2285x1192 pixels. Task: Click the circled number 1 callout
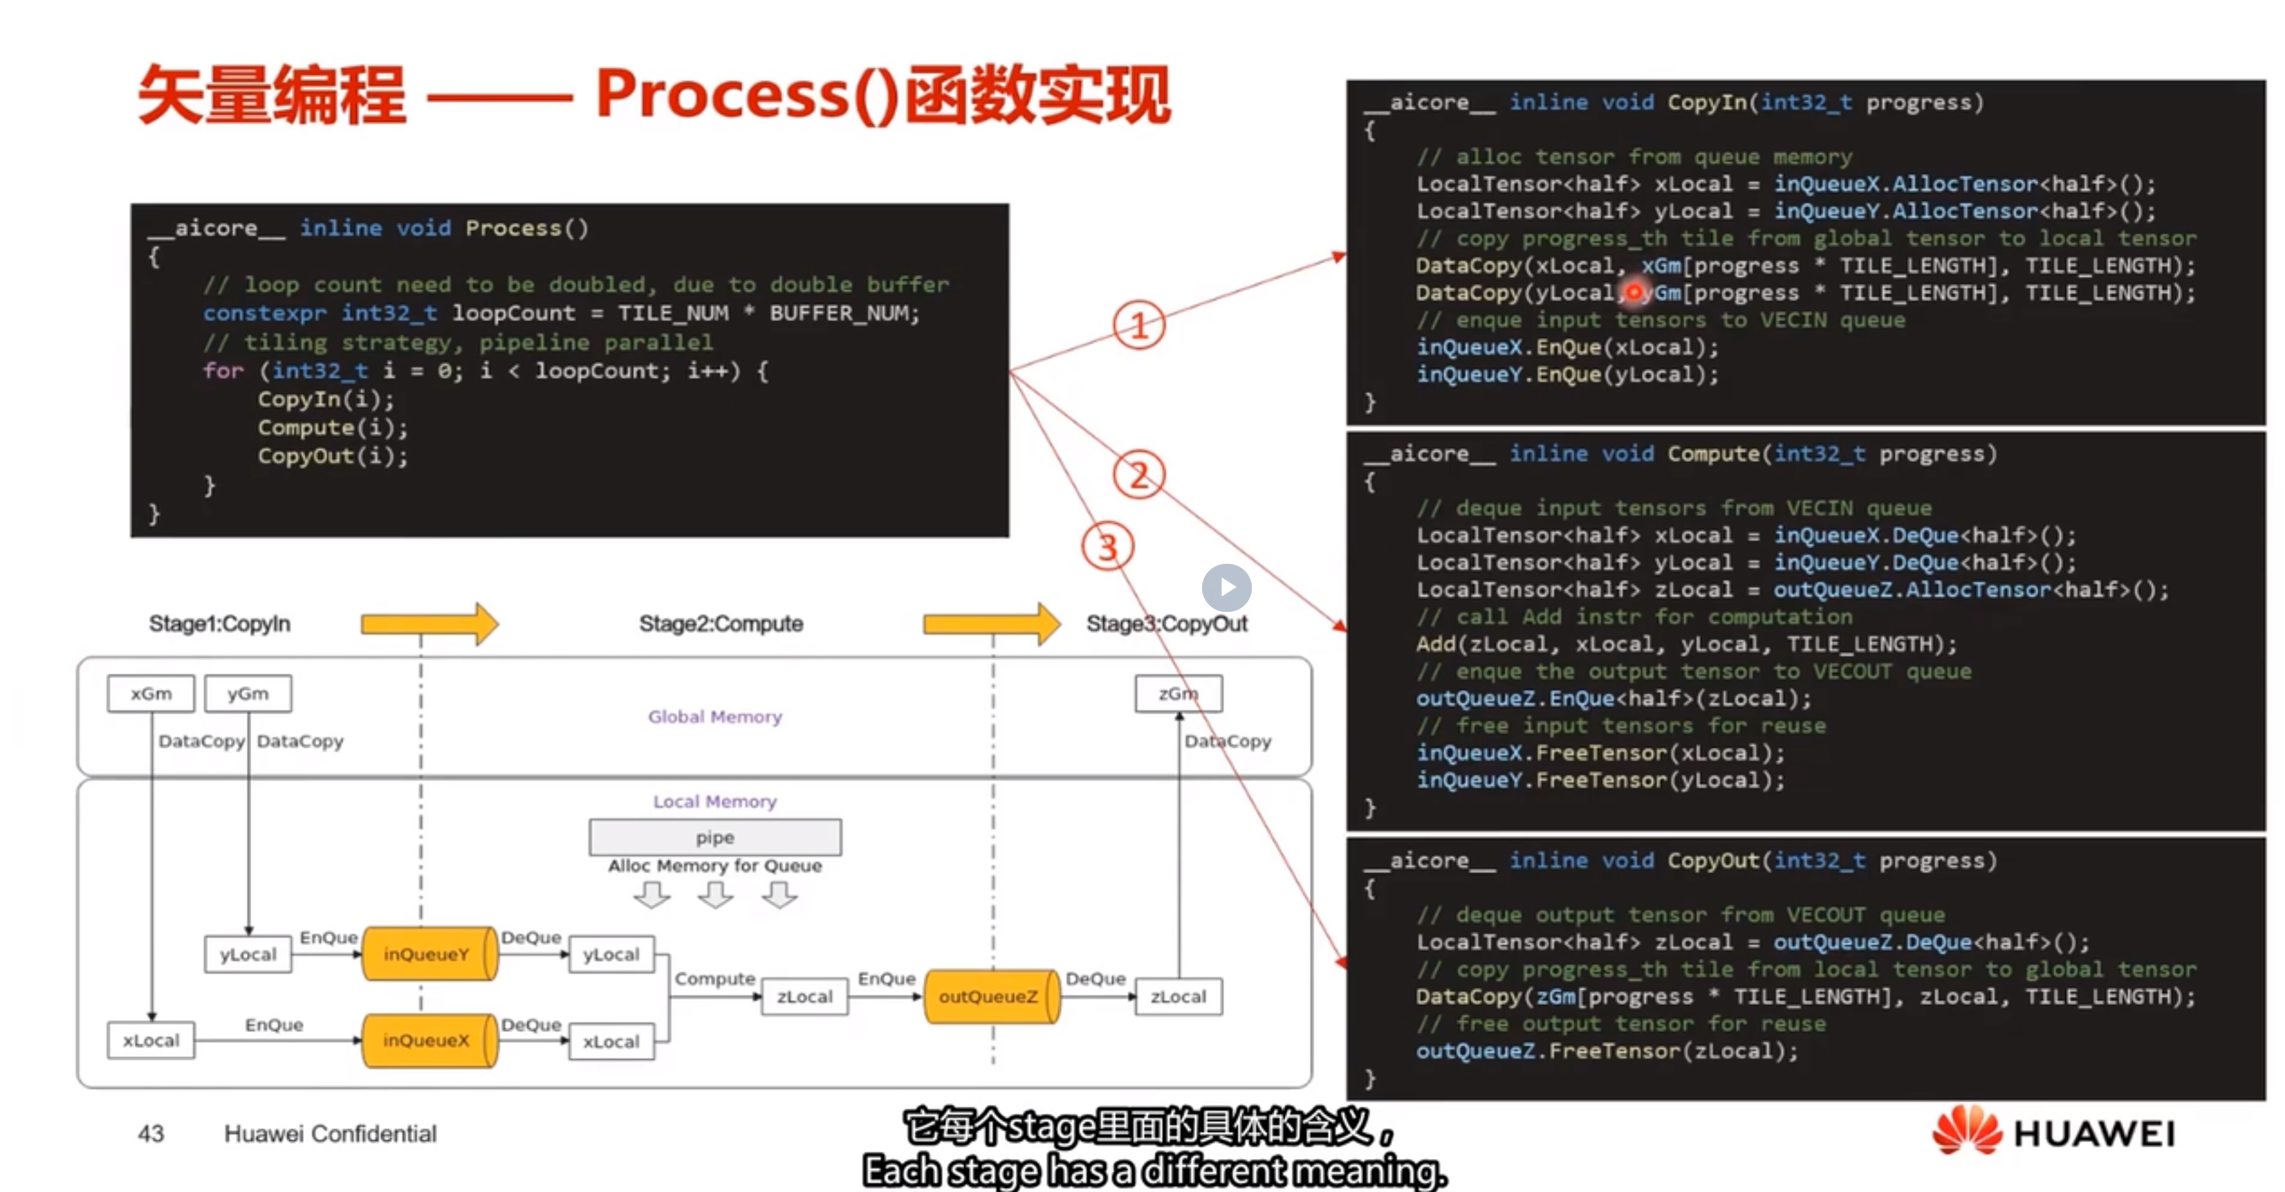tap(1139, 325)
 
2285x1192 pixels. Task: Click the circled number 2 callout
tap(1139, 475)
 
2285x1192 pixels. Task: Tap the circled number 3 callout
tap(1108, 546)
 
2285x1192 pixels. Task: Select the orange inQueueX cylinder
tap(428, 1041)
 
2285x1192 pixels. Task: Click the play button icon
tap(1227, 587)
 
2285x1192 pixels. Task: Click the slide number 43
tap(151, 1134)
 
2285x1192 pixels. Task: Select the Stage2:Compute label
tap(720, 623)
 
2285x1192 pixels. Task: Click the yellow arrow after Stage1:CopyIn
tap(429, 623)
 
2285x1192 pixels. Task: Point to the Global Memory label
tap(715, 717)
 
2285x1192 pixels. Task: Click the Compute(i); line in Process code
tap(333, 427)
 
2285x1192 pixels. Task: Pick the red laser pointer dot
tap(1634, 291)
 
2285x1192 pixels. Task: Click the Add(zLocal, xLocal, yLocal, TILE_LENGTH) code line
tap(1685, 644)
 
